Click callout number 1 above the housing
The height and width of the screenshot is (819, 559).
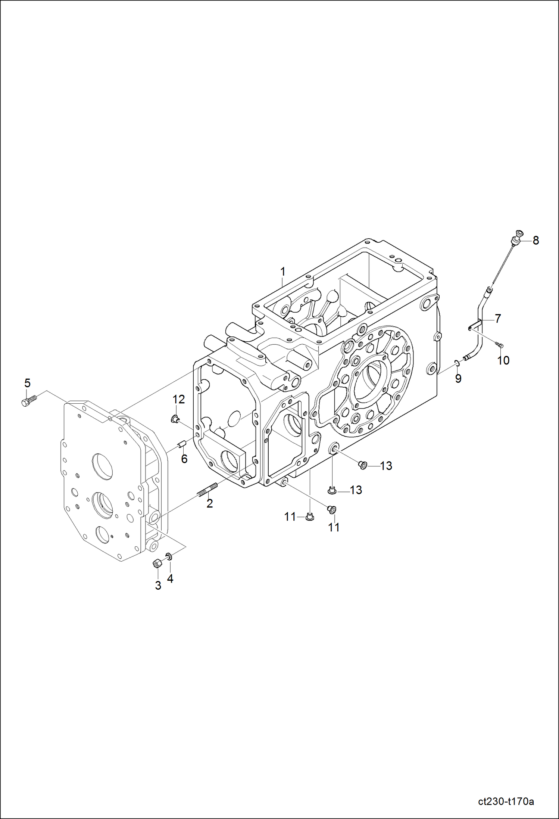[x=283, y=272]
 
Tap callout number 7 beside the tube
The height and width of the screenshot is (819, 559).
[x=498, y=319]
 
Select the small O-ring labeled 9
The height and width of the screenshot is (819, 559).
[x=457, y=362]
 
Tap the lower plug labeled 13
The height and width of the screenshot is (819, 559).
[x=332, y=490]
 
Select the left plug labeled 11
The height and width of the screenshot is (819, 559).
[x=309, y=517]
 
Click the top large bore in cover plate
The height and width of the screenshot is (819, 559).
[x=102, y=466]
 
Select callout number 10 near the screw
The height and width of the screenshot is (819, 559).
[x=503, y=360]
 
